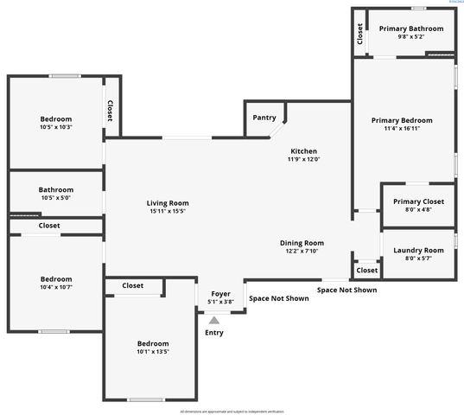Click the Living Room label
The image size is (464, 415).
pyautogui.click(x=168, y=203)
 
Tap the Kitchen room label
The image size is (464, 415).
pyautogui.click(x=304, y=150)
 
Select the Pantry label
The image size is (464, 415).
pyautogui.click(x=264, y=118)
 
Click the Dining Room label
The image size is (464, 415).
pyautogui.click(x=302, y=243)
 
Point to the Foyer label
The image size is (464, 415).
pyautogui.click(x=220, y=294)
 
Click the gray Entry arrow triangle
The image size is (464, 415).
pyautogui.click(x=213, y=320)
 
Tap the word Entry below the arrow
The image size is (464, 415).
pyautogui.click(x=213, y=332)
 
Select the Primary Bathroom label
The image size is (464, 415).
pyautogui.click(x=411, y=29)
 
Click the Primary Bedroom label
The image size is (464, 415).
pyautogui.click(x=402, y=120)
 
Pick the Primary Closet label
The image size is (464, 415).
pyautogui.click(x=412, y=201)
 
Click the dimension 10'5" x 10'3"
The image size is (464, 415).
pyautogui.click(x=55, y=127)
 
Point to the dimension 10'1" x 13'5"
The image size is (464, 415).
pyautogui.click(x=152, y=352)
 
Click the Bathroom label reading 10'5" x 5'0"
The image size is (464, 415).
pyautogui.click(x=55, y=197)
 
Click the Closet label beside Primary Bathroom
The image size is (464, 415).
pyautogui.click(x=360, y=33)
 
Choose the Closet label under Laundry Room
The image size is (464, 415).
pyautogui.click(x=366, y=271)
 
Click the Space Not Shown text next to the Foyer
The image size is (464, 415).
pyautogui.click(x=279, y=298)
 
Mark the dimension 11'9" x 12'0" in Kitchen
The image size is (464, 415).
pyautogui.click(x=304, y=159)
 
